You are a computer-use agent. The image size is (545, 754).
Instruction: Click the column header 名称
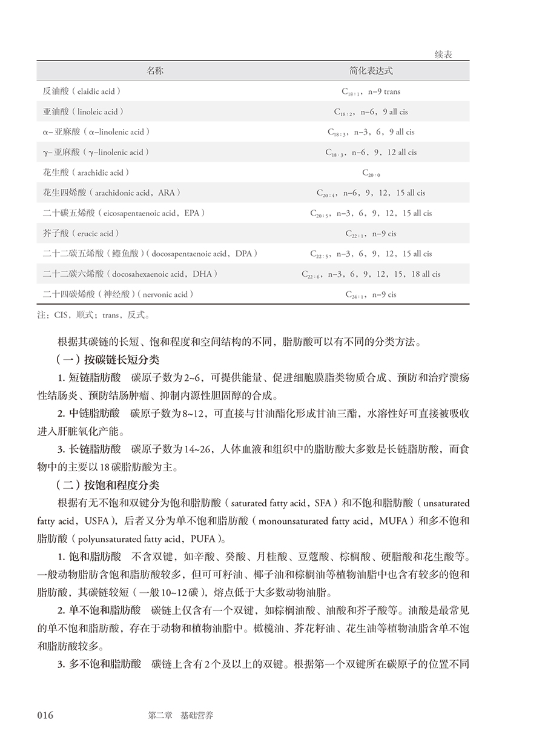(155, 71)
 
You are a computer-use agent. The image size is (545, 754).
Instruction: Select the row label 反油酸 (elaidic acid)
(82, 91)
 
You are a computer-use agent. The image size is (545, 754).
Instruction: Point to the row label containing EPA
(124, 213)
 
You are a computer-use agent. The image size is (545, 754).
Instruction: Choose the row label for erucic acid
(81, 234)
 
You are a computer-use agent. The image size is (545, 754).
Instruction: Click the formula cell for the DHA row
(371, 274)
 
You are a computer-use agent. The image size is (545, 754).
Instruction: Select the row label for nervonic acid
(118, 294)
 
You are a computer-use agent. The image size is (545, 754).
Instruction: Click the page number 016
(45, 715)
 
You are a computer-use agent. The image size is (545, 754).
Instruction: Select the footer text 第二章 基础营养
(180, 715)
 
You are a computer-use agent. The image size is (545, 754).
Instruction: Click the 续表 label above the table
(443, 55)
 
